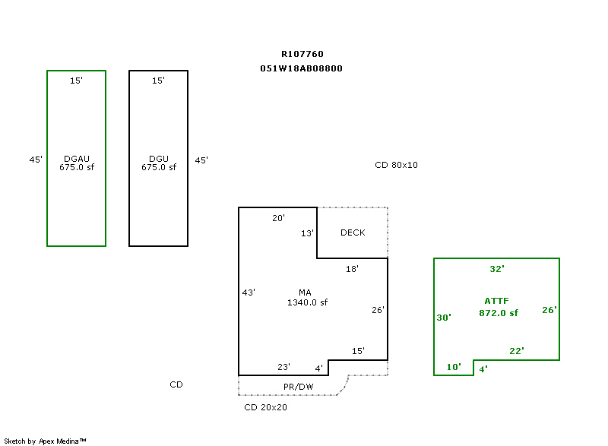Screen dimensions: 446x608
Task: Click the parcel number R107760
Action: click(302, 54)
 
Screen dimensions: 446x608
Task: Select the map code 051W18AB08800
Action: click(302, 68)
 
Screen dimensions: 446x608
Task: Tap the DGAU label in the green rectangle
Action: click(77, 159)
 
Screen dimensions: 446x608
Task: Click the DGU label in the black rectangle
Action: click(158, 159)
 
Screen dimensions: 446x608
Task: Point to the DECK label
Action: click(353, 232)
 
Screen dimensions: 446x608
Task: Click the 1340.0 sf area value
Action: click(307, 302)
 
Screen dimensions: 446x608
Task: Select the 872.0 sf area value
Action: click(499, 313)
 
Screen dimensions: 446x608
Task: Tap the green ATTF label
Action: click(498, 302)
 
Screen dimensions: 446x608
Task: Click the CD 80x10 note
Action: click(397, 165)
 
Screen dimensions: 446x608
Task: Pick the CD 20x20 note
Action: click(265, 407)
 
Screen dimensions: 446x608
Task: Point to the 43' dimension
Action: click(249, 293)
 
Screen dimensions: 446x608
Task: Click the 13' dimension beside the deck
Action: click(307, 233)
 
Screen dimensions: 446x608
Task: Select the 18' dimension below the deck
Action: click(352, 269)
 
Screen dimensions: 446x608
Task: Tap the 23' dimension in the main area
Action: click(283, 367)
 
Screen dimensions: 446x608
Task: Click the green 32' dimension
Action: click(497, 269)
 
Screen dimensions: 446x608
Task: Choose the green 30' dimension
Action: click(444, 318)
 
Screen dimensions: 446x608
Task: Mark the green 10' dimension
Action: click(454, 367)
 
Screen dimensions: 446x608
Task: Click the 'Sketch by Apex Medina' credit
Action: click(45, 441)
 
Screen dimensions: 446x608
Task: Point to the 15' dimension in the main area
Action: click(358, 351)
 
